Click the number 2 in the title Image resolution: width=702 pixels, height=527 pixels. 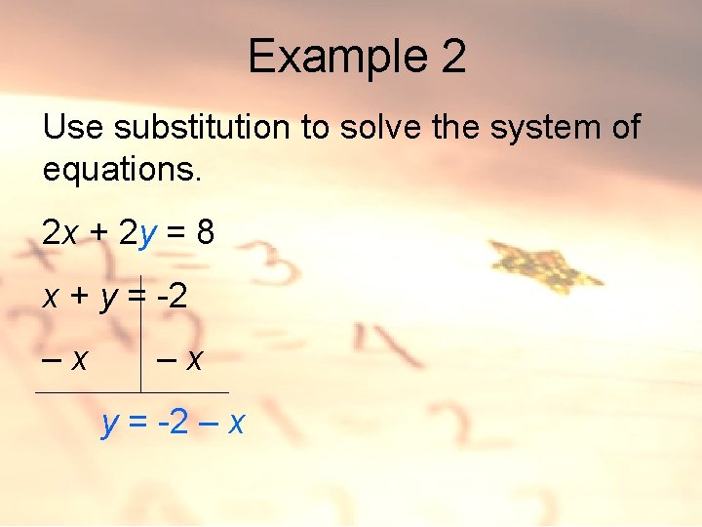[x=453, y=57]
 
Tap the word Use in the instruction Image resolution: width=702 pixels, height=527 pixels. [x=71, y=127]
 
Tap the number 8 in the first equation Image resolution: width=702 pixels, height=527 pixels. [x=204, y=232]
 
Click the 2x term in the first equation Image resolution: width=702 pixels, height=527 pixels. [x=60, y=232]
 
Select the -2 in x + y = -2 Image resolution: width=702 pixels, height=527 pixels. [x=172, y=297]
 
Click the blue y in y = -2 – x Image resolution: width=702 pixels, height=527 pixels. [x=111, y=426]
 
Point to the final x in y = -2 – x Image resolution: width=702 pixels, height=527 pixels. [x=235, y=424]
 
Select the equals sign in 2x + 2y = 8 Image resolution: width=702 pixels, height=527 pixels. [x=176, y=233]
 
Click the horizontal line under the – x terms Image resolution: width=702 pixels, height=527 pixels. [x=132, y=392]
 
